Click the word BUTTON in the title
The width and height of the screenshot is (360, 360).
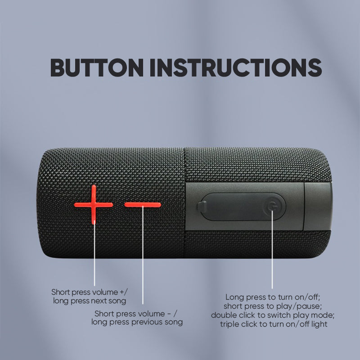97,67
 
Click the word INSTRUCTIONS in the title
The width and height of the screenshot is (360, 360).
235,67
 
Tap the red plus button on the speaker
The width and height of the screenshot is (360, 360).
94,205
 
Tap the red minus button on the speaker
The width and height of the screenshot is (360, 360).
143,205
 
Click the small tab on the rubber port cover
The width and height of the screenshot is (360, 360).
202,207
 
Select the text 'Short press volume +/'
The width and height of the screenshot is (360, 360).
89,292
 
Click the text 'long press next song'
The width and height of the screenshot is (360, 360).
90,301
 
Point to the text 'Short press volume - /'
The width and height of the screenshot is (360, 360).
136,313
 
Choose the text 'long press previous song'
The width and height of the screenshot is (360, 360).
137,322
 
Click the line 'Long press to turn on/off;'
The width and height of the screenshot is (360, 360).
273,297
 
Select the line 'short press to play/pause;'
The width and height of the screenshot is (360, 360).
273,306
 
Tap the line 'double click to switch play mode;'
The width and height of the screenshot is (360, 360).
273,315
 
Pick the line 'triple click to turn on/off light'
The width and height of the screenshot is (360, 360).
274,324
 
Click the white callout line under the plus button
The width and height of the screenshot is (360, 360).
94,255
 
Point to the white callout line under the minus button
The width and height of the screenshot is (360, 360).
143,255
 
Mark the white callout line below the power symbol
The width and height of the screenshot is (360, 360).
272,249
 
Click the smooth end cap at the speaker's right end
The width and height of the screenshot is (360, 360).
318,207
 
